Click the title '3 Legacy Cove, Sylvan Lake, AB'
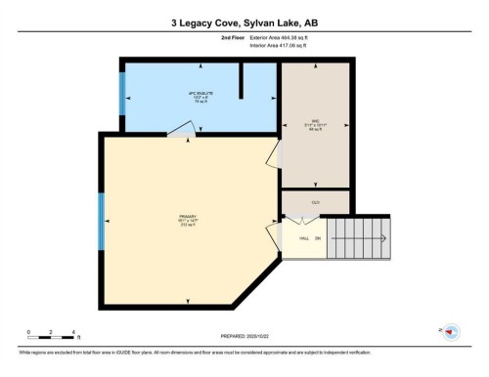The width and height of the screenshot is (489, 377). click(x=244, y=20)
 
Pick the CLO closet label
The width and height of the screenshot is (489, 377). click(x=316, y=202)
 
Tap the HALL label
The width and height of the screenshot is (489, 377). click(x=304, y=237)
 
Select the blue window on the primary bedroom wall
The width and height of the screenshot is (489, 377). click(x=101, y=221)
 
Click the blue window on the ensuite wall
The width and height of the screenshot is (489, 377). click(x=122, y=93)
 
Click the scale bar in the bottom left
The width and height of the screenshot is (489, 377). click(x=53, y=337)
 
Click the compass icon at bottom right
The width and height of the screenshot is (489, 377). click(x=452, y=332)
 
